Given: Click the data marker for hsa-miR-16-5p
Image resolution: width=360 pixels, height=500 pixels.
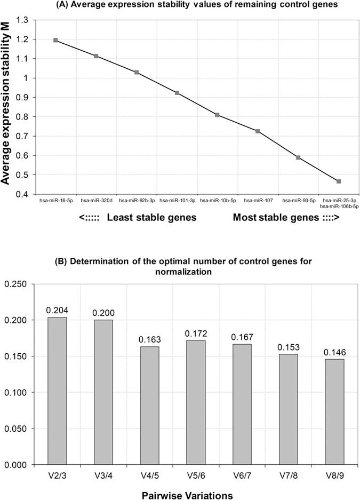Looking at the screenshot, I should click(55, 40).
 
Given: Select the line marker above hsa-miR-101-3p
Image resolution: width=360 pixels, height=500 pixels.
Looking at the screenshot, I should click(177, 93).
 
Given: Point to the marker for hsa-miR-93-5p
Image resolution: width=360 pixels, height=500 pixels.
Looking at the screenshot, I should click(298, 157).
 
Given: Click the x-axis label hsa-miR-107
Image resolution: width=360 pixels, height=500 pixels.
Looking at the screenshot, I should click(258, 201).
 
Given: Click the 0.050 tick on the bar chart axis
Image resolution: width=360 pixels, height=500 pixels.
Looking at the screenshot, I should click(20, 428).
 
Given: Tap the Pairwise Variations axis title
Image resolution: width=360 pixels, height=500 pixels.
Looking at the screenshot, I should click(187, 495).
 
